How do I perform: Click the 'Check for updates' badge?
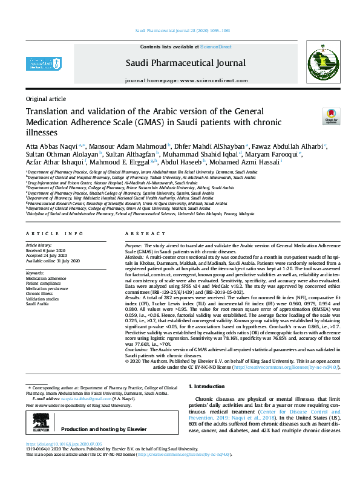coord(330,116)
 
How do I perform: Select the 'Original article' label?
coord(46,98)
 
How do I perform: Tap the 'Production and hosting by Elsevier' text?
coord(106,446)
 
